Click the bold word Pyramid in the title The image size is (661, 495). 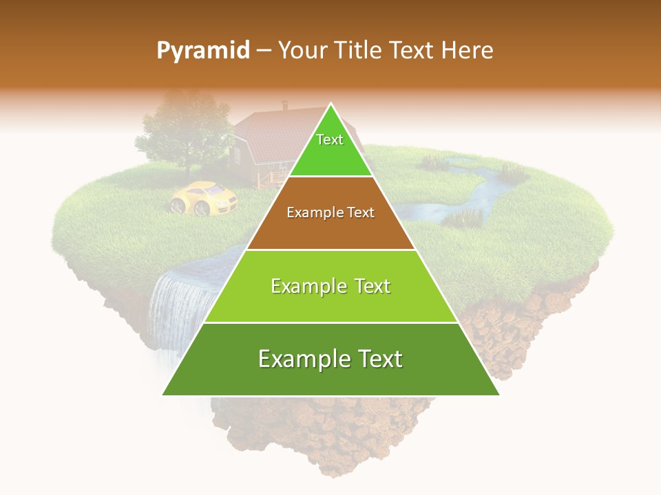202,50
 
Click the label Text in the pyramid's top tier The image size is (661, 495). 330,140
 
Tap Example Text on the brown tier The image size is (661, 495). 330,212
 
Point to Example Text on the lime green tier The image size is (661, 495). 330,286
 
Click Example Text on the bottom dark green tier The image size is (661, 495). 330,359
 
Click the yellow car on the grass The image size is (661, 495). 204,197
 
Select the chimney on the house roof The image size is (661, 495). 285,105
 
